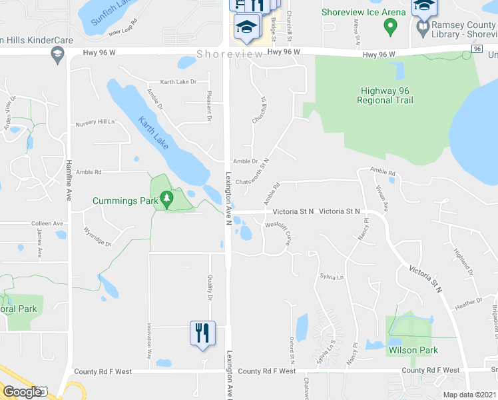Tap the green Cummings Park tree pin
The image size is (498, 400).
point(167,198)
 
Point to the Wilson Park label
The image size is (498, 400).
point(413,350)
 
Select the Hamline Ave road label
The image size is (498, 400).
point(69,179)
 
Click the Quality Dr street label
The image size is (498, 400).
point(210,286)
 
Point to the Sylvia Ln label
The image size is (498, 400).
point(331,276)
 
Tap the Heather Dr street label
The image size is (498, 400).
point(469,303)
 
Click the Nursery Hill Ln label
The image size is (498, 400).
point(95,123)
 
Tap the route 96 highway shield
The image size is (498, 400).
point(477,49)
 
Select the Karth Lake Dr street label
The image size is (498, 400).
point(178,82)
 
